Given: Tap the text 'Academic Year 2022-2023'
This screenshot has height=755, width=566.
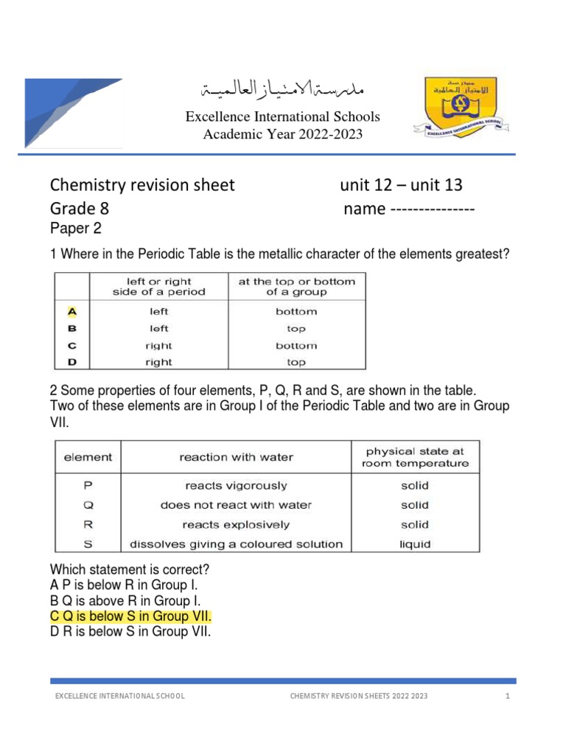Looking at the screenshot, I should [x=282, y=133].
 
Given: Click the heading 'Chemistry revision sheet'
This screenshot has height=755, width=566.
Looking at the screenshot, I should [x=141, y=185].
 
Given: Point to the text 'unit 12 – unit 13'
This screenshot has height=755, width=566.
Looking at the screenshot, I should [x=401, y=185].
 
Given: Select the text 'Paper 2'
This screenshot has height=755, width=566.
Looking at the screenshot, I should [x=74, y=228].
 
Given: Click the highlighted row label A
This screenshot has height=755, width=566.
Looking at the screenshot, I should [x=72, y=311].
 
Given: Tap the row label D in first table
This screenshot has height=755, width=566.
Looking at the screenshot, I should [x=72, y=362].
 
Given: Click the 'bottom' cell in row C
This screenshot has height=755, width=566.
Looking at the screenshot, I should [x=296, y=345].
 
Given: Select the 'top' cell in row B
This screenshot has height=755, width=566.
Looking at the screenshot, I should [x=296, y=329].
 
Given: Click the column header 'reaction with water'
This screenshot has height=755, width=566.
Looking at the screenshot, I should [x=236, y=457].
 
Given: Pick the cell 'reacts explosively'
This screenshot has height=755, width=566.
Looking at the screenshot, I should [x=236, y=525].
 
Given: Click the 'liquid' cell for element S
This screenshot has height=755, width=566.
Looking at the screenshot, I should [x=414, y=544].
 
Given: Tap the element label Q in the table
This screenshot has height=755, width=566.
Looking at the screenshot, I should [x=88, y=505].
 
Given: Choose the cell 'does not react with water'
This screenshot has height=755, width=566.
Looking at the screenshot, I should [x=236, y=505].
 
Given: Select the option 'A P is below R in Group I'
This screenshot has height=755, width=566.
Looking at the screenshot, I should [x=125, y=585].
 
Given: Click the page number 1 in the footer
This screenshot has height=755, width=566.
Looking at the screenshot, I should [x=508, y=697].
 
